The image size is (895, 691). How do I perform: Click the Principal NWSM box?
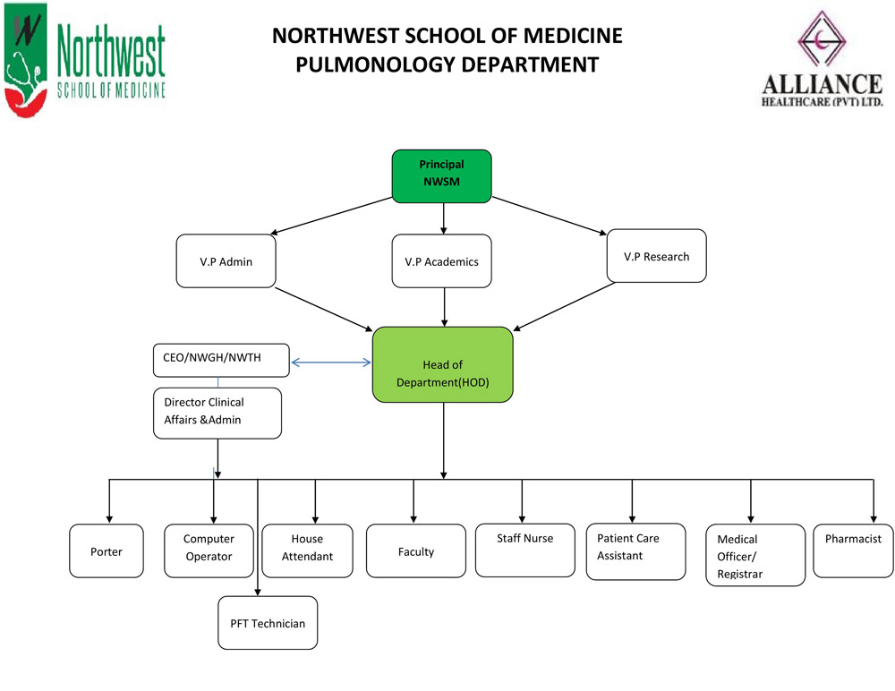pos(441,176)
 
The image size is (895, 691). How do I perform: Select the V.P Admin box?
pos(226,261)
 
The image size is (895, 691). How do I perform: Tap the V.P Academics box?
pos(441,261)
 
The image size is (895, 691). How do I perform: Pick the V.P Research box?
pos(656,256)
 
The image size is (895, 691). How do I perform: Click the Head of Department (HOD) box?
pos(442,364)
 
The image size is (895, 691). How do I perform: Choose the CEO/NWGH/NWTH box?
pos(221,361)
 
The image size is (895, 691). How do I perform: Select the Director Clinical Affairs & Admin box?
pos(217,414)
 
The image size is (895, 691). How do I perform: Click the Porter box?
pos(107,551)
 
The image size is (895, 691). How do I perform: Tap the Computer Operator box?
pos(209,551)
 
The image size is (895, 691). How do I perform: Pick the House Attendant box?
pos(307,551)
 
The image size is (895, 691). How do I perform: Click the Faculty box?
pos(416,551)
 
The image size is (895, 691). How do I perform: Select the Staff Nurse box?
pos(525,550)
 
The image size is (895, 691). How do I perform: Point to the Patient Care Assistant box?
pos(635,551)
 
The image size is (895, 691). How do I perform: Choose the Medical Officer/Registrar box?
pos(755,555)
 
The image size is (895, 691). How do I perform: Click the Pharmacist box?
pos(853,551)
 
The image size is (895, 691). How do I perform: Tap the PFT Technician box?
pos(268,623)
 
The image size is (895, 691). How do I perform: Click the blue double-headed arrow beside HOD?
pos(331,363)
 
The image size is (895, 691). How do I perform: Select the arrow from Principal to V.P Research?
pos(550,216)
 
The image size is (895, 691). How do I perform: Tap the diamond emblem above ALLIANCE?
pos(822,38)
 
